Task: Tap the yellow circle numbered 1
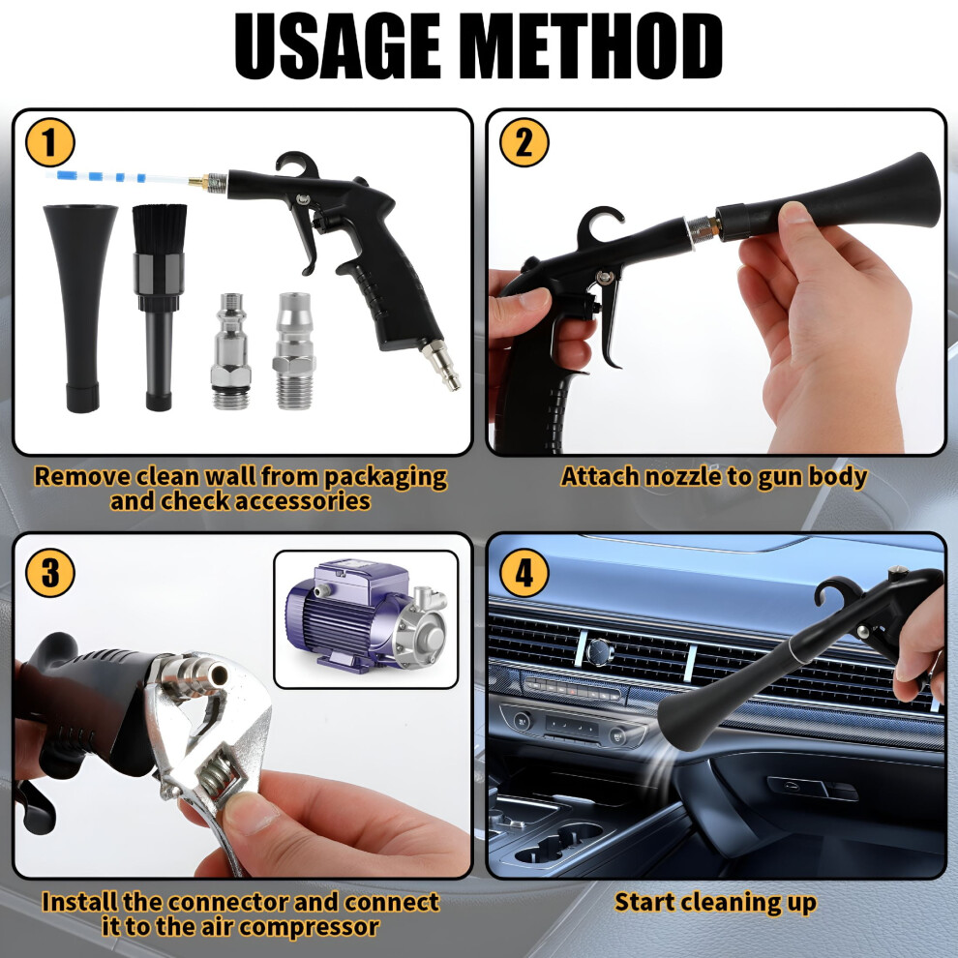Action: (x=50, y=142)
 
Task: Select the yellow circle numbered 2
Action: (x=524, y=142)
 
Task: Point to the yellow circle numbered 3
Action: (x=50, y=573)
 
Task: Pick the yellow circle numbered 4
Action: (x=524, y=573)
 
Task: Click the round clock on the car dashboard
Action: (x=597, y=652)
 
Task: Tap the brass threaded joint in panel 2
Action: (x=711, y=227)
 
